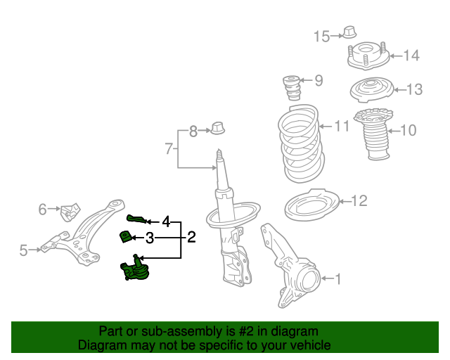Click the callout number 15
tap(321, 37)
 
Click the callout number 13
tap(414, 89)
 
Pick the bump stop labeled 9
tap(292, 88)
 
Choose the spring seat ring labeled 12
tap(312, 205)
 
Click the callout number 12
tap(359, 202)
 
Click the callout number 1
tap(337, 279)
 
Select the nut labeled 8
tap(219, 129)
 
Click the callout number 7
tap(169, 148)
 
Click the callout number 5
tap(23, 250)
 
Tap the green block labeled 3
tap(126, 237)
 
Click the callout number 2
tap(191, 237)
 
